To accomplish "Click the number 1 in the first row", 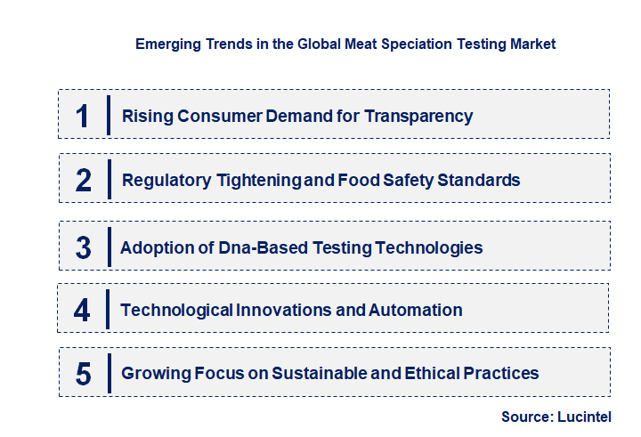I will click(83, 116).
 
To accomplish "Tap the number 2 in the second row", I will click(84, 180).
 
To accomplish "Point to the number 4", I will click(83, 311).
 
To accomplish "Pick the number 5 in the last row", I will click(84, 374).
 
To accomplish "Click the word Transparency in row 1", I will click(418, 116).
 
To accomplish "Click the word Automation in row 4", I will click(416, 310).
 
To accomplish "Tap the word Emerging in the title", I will click(165, 44).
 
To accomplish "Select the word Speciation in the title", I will click(385, 44).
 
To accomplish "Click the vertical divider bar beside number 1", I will click(108, 116).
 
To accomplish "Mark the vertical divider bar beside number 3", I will click(108, 247).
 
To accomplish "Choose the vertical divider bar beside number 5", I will click(108, 374).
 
